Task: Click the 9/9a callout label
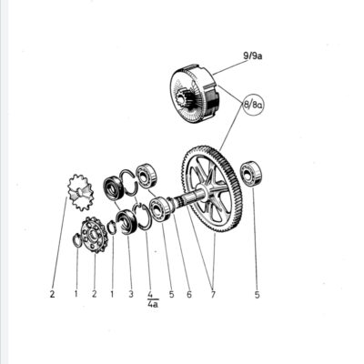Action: [x=252, y=56]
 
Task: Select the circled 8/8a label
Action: [x=253, y=105]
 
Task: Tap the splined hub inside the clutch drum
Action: [x=185, y=99]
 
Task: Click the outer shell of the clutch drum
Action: [x=195, y=93]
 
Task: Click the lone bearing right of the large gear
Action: [x=251, y=174]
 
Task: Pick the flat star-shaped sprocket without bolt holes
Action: [x=80, y=192]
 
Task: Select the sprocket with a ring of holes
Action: [x=95, y=235]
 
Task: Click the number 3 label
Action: [x=131, y=294]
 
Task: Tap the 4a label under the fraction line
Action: [x=153, y=304]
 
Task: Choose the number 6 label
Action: [x=189, y=294]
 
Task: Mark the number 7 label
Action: [x=213, y=294]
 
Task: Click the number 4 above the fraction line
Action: [x=150, y=294]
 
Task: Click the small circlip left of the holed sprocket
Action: [x=77, y=240]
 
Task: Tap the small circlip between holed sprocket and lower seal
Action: [x=112, y=227]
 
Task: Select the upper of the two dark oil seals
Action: [x=114, y=188]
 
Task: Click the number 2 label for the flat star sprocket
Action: [x=52, y=294]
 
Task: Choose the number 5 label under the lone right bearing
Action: [x=257, y=294]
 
